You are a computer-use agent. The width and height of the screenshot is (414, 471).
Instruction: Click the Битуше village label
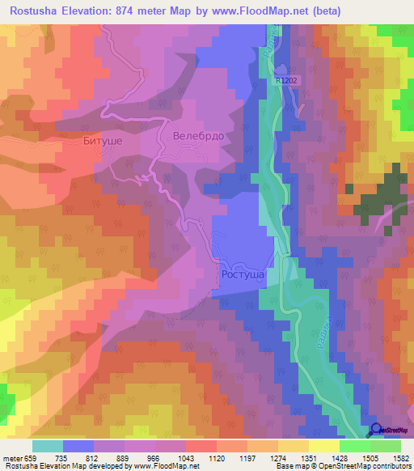(x=103, y=141)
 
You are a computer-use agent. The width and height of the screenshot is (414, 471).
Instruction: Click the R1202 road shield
(x=286, y=81)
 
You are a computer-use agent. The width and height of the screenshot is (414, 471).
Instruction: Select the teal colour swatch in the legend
(x=48, y=446)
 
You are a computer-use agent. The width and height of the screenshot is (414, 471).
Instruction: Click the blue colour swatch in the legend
(x=78, y=446)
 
